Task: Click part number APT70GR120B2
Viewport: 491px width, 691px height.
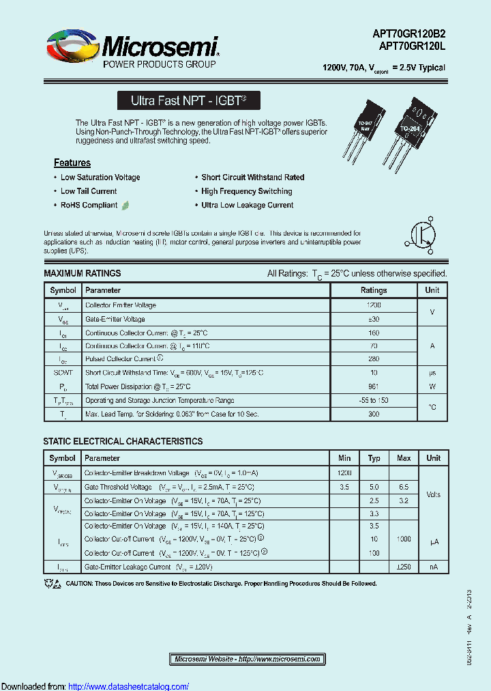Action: (408, 35)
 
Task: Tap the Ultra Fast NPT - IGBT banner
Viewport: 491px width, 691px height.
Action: (188, 100)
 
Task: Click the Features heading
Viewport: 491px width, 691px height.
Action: (72, 163)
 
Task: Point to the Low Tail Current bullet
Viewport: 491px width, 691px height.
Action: (89, 191)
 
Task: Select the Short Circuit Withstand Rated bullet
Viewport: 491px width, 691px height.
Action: (252, 178)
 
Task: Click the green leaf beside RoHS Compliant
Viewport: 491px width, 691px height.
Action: (125, 205)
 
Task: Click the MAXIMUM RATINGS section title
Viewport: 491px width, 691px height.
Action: (83, 273)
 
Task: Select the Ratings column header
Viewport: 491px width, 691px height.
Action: (373, 290)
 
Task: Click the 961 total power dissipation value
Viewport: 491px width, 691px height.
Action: (373, 386)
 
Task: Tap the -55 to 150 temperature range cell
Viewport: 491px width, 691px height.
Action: (373, 400)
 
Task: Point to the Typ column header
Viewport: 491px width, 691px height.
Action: (374, 458)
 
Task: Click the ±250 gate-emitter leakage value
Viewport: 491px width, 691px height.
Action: (403, 567)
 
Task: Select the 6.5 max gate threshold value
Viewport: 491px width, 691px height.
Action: (403, 487)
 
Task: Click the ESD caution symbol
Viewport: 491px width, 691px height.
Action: (52, 583)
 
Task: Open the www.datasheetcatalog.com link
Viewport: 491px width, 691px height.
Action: (129, 686)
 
